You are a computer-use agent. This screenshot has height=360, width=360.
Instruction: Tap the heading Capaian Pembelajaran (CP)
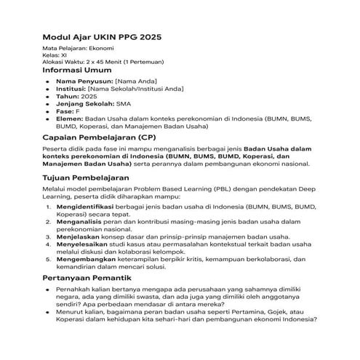click(x=98, y=137)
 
